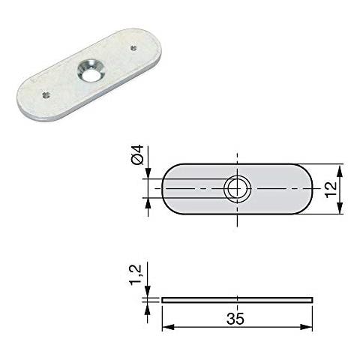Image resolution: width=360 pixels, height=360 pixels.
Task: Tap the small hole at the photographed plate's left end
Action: pyautogui.click(x=44, y=94)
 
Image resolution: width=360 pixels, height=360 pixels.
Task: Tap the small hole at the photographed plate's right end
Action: pyautogui.click(x=133, y=48)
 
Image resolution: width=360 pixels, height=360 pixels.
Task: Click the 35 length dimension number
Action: pyautogui.click(x=236, y=319)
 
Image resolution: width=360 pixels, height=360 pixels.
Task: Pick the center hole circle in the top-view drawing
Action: pyautogui.click(x=237, y=188)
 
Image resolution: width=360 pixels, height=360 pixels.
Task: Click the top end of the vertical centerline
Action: pyautogui.click(x=237, y=154)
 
